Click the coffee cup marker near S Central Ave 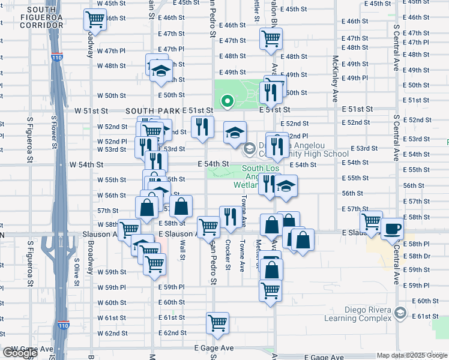392,229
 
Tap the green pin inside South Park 227,101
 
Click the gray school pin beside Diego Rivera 400,313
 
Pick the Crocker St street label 228,254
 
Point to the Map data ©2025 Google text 411,355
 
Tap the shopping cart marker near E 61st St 217,322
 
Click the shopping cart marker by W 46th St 94,20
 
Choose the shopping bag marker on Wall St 180,206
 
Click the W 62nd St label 112,333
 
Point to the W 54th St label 86,164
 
